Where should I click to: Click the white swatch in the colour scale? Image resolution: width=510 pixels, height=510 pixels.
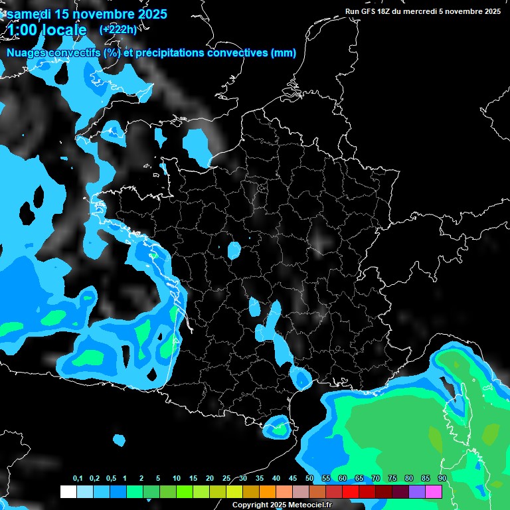68,491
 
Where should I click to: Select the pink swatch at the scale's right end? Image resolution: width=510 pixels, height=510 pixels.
434,491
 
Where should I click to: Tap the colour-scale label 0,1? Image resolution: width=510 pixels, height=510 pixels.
78,479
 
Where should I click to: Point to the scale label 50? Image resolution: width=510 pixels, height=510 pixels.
309,479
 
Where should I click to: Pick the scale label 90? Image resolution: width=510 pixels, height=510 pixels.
442,479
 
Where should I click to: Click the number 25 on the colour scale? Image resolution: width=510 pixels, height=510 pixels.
226,479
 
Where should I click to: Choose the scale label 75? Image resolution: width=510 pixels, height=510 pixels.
392,479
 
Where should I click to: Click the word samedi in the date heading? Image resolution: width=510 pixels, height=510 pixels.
29,14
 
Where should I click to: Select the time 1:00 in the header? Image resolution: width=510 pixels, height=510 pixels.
21,30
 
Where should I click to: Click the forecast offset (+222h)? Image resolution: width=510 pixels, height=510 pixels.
118,29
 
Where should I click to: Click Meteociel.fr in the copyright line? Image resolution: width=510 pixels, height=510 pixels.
310,505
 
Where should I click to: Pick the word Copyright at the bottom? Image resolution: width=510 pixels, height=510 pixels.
250,505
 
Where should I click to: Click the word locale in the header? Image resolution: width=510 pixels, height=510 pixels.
64,30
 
